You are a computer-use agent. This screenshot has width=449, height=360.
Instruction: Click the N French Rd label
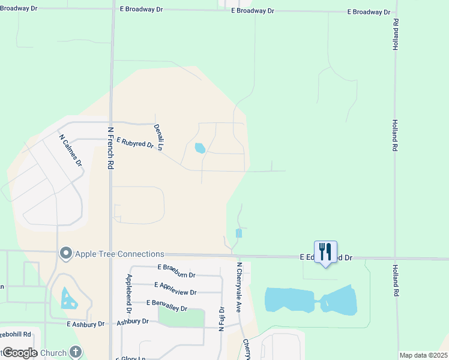coord(110,146)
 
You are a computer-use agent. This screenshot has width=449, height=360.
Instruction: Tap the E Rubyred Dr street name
coord(136,142)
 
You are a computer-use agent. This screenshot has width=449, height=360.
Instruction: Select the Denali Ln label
coord(158,137)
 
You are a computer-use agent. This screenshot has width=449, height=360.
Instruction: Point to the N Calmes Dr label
coord(71,149)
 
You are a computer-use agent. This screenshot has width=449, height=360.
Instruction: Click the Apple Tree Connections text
coord(119,254)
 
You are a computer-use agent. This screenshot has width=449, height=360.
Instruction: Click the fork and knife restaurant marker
coord(325,251)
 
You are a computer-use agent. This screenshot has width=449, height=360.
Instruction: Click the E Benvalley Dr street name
coord(166,305)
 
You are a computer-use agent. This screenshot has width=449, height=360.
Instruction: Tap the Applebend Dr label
coord(128,295)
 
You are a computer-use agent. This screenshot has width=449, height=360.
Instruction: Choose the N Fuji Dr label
coord(221,317)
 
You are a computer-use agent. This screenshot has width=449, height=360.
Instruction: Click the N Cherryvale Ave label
coord(239,287)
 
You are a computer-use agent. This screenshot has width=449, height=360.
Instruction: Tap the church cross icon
coord(76,352)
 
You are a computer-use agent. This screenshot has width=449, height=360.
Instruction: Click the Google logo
coord(19,353)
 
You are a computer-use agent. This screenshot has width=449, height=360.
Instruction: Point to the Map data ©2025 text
coord(423,355)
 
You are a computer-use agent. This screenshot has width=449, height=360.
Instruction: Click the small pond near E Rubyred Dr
coord(200,148)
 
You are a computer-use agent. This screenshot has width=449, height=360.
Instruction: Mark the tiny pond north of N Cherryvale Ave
coord(239,233)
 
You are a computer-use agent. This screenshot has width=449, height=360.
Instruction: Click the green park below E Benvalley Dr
coord(181,317)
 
